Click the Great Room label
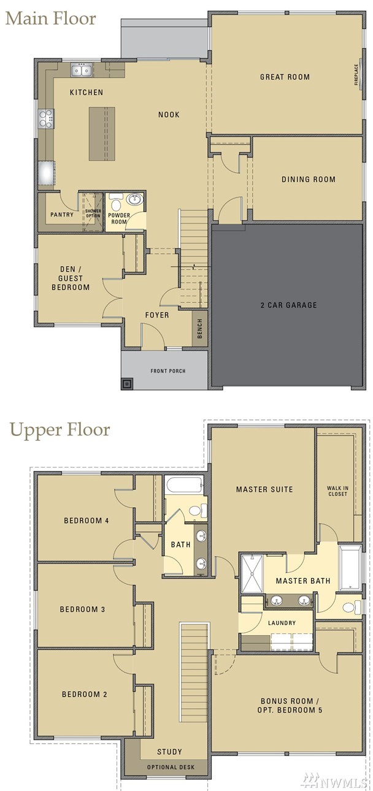pyautogui.click(x=285, y=77)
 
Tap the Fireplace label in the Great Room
pyautogui.click(x=356, y=75)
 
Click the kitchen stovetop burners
pyautogui.click(x=46, y=118)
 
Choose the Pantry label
pyautogui.click(x=62, y=215)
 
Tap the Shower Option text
pyautogui.click(x=93, y=213)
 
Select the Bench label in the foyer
pyautogui.click(x=199, y=329)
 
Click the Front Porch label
pyautogui.click(x=167, y=371)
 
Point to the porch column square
pyautogui.click(x=127, y=383)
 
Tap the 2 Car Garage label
pyautogui.click(x=288, y=305)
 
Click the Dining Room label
pyautogui.click(x=309, y=179)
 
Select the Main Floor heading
pyautogui.click(x=51, y=18)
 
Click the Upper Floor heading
pyautogui.click(x=60, y=429)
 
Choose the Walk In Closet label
pyautogui.click(x=337, y=491)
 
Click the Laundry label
pyautogui.click(x=282, y=622)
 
